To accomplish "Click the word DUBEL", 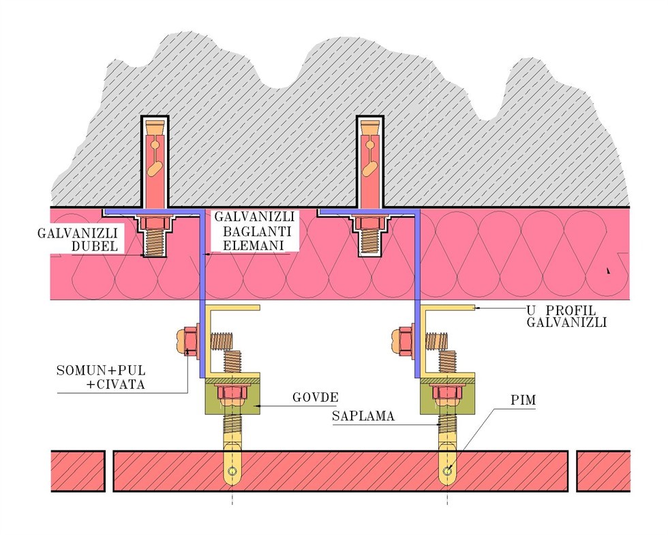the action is point(95,246).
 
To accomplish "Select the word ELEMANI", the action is point(254,245).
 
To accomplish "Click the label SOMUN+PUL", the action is point(101,370).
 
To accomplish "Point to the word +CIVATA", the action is point(116,384).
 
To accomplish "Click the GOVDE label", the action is point(315,398).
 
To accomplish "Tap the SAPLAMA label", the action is point(363,416).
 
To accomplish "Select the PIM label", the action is point(523,400).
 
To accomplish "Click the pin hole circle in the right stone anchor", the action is point(447,471).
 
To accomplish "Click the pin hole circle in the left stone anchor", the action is point(232,471).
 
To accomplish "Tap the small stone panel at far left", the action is point(78,471).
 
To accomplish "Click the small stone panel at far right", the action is point(603,471).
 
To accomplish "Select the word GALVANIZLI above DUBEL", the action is point(78,233).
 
